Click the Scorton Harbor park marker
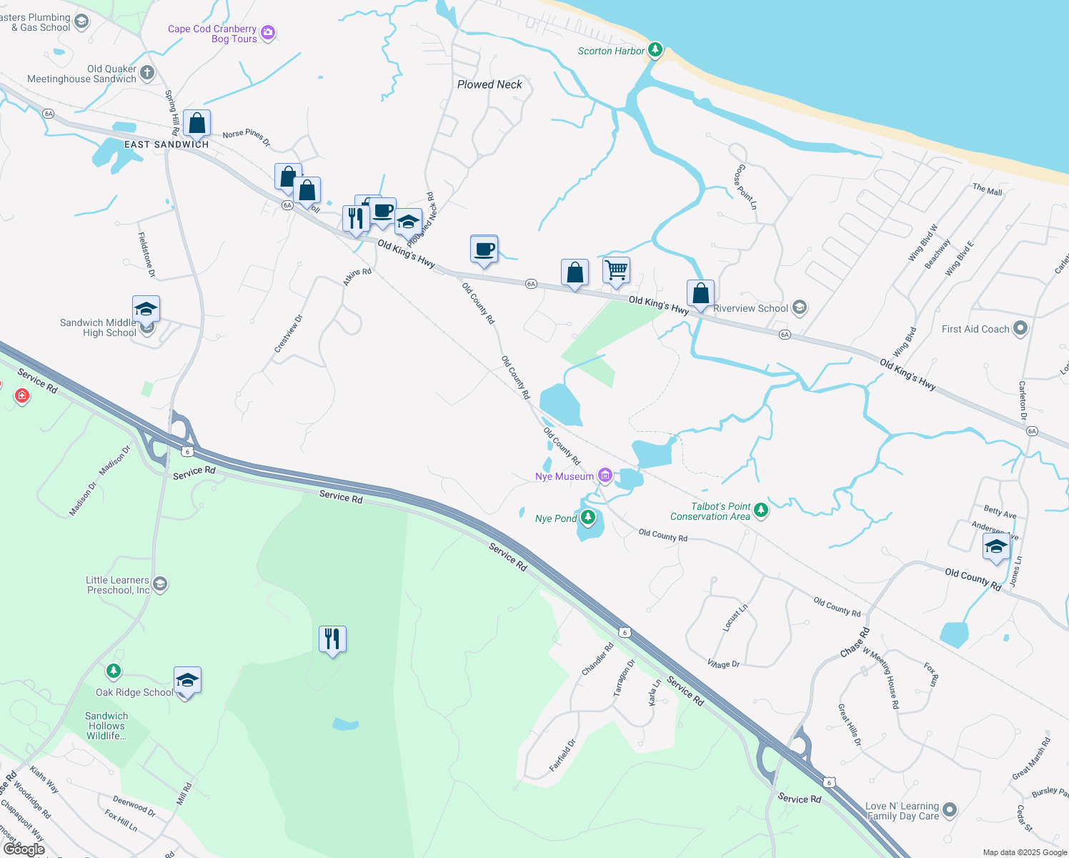655,50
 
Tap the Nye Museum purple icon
605,475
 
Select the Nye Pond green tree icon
588,517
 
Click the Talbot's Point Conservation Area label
710,511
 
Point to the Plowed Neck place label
489,84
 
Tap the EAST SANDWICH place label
166,144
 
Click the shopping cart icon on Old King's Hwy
616,271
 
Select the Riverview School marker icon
800,308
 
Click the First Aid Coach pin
1020,328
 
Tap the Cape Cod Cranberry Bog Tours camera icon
268,32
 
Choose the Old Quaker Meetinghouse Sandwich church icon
147,72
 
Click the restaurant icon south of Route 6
332,638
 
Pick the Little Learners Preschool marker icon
161,584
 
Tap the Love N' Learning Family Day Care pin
950,810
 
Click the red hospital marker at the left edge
22,395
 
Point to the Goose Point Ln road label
745,187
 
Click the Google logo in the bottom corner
24,849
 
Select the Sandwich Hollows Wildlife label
106,726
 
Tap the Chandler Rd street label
597,659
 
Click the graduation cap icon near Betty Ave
995,548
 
